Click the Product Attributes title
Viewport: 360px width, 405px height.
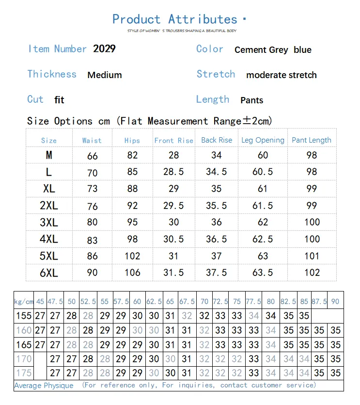coord(175,19)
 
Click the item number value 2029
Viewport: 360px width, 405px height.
coord(104,49)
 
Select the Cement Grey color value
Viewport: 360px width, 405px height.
coord(261,50)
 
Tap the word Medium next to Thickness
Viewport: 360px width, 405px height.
coord(105,75)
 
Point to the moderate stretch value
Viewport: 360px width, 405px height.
coord(281,75)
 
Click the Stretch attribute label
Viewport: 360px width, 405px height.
coord(216,74)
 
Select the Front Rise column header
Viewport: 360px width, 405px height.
coord(173,140)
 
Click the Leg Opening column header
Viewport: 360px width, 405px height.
coord(263,140)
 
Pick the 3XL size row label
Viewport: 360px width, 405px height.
coord(49,223)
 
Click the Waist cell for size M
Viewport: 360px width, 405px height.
coord(93,156)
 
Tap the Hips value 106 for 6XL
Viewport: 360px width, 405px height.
coord(132,273)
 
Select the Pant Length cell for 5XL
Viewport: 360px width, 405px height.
coord(312,256)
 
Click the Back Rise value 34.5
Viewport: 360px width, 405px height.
coord(216,172)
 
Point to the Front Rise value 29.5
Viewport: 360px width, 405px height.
coord(173,206)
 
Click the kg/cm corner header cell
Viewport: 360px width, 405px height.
coord(24,301)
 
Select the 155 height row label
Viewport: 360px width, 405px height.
coord(24,316)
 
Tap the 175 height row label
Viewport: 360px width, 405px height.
coord(24,373)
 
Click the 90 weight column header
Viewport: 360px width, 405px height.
coord(335,301)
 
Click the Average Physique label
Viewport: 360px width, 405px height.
coord(44,386)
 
